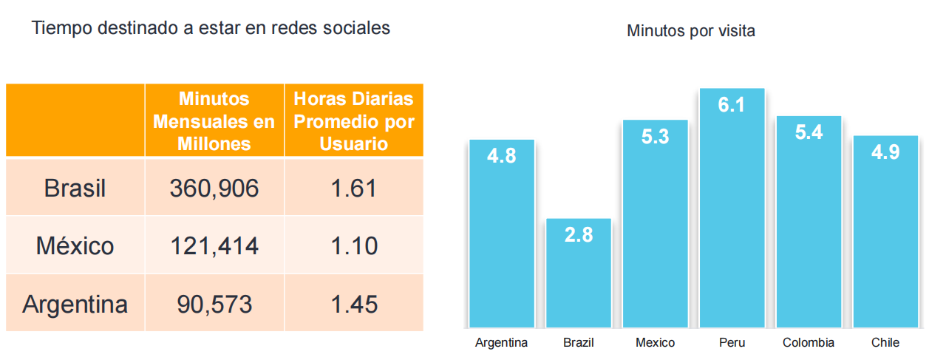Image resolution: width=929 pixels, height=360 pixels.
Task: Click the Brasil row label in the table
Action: [x=75, y=189]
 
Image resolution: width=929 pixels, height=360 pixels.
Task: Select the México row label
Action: [x=75, y=245]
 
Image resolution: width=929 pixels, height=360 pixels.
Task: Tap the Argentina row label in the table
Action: [x=75, y=304]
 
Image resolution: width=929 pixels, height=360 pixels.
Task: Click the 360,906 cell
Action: [x=214, y=189]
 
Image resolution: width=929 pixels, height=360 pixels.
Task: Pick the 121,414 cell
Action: [x=214, y=245]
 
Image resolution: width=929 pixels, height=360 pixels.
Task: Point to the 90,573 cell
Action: [x=214, y=304]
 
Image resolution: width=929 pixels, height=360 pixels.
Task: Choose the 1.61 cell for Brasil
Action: [x=354, y=189]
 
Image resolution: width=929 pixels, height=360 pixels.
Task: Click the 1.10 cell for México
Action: [x=354, y=245]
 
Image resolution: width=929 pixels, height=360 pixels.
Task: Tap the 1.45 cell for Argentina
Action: [x=354, y=304]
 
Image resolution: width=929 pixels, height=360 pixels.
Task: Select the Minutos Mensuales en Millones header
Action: [x=214, y=120]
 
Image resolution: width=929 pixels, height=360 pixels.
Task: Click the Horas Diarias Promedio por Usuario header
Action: [x=354, y=120]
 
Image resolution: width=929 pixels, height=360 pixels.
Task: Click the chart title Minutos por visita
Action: [x=690, y=31]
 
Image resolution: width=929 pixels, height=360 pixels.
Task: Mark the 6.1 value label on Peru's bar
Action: [x=732, y=105]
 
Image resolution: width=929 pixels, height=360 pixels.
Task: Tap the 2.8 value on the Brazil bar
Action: [x=579, y=235]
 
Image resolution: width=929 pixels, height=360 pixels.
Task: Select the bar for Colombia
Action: [x=809, y=229]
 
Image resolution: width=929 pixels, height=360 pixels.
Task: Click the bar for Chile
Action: [x=885, y=237]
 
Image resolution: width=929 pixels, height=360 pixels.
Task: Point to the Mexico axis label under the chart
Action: [x=655, y=343]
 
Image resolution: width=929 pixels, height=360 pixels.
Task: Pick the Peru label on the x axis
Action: [x=732, y=343]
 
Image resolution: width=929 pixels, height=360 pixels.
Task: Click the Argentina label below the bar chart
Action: [x=501, y=343]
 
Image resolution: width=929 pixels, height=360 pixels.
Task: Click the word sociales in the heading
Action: [x=355, y=29]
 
